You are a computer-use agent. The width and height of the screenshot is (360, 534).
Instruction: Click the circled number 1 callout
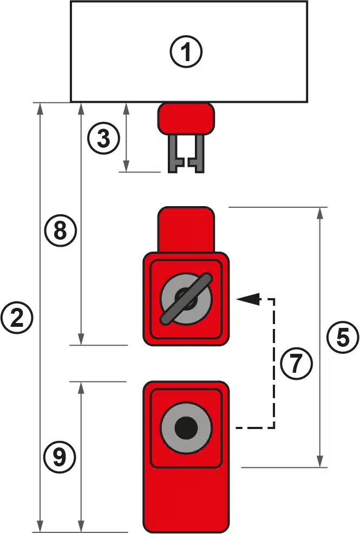pos(186,52)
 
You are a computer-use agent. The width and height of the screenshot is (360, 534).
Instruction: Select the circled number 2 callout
pos(17,318)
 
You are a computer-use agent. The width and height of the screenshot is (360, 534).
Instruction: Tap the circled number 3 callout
pos(103,139)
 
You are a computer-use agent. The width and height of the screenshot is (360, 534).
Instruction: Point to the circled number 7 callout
pos(296,364)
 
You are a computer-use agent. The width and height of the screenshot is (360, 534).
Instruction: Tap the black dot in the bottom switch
pos(186,428)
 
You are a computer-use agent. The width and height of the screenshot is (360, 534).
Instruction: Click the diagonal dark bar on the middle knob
pos(186,299)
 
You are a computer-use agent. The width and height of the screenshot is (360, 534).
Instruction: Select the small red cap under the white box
pos(186,118)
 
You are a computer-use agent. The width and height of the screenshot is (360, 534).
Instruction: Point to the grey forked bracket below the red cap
pos(186,154)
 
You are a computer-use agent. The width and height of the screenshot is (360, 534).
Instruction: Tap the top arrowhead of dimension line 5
pos(322,212)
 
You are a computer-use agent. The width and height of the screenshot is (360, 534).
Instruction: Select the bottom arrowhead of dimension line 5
pos(322,461)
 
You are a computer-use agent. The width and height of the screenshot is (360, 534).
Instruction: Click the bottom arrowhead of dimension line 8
pos(81,339)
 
